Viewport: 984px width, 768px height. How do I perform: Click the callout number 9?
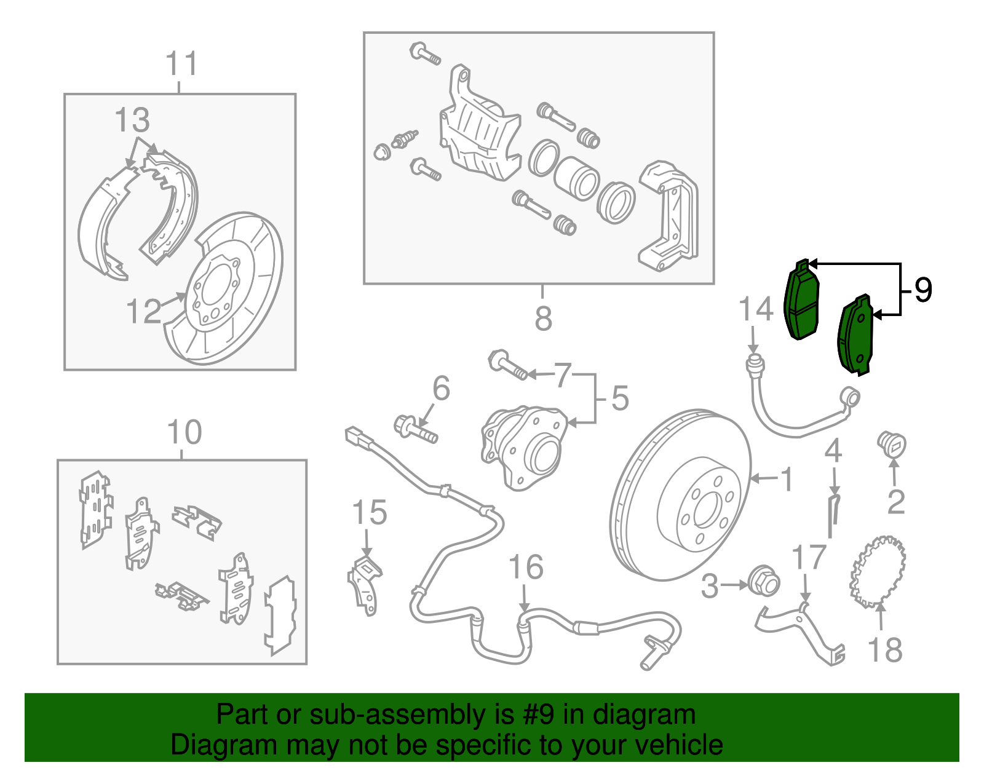click(922, 290)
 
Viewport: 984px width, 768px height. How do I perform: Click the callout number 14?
click(755, 309)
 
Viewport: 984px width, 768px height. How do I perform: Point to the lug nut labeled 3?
click(764, 582)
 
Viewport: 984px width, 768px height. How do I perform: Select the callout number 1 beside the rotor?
click(787, 479)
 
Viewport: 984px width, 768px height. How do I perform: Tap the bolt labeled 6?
click(415, 428)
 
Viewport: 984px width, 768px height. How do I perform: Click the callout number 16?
click(526, 567)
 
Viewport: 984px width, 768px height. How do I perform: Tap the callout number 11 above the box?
click(181, 64)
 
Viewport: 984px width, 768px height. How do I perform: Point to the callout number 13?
click(132, 120)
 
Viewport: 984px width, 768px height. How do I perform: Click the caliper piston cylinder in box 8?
click(577, 178)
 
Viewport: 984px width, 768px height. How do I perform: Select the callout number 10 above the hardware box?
click(184, 433)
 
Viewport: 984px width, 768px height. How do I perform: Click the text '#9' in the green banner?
click(539, 715)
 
